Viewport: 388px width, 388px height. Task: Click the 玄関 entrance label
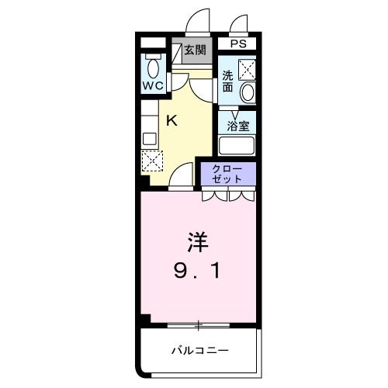pyautogui.click(x=195, y=50)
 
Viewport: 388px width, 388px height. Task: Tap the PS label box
pyautogui.click(x=237, y=45)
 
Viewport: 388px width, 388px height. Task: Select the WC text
pyautogui.click(x=152, y=86)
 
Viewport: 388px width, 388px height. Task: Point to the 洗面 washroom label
pyautogui.click(x=227, y=81)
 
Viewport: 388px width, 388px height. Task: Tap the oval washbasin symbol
pyautogui.click(x=247, y=92)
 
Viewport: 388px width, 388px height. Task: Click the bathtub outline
pyautogui.click(x=237, y=145)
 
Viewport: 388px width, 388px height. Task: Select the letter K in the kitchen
pyautogui.click(x=172, y=120)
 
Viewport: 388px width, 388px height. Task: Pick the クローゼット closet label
pyautogui.click(x=228, y=174)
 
